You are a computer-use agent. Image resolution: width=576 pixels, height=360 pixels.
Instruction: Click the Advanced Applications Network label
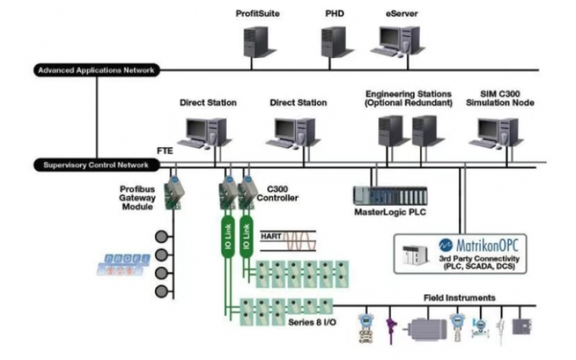click(96, 70)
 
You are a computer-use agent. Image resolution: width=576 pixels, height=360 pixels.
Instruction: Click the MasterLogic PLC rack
click(389, 195)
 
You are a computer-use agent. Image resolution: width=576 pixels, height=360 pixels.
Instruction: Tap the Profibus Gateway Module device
click(174, 193)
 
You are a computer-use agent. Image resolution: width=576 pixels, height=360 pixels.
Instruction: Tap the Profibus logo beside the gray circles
click(123, 264)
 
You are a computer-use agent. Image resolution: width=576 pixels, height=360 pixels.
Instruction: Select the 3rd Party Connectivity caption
click(482, 262)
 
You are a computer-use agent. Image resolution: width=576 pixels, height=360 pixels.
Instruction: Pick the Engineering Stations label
click(408, 99)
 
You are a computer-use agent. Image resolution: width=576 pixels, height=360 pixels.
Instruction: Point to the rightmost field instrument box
click(521, 325)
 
